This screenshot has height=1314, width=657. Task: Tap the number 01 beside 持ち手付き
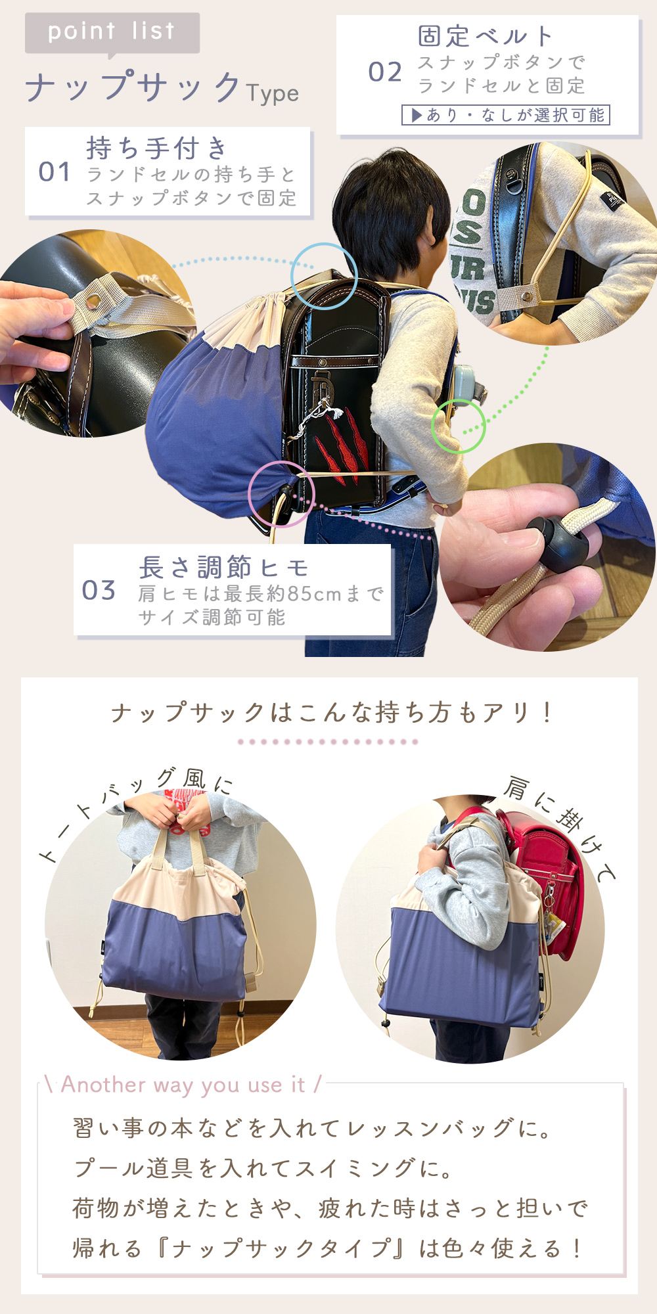[x=55, y=172]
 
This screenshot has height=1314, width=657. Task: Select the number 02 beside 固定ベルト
[x=385, y=72]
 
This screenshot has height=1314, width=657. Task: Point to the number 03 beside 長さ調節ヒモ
[x=99, y=590]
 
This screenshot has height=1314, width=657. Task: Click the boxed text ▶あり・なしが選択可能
[x=506, y=115]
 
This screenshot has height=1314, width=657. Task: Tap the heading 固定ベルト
[x=486, y=35]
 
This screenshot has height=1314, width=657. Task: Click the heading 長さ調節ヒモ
[x=223, y=566]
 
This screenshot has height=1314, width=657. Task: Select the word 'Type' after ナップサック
[x=273, y=94]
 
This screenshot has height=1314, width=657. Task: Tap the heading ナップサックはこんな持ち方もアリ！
[x=332, y=713]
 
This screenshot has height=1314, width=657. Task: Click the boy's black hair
[x=388, y=200]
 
